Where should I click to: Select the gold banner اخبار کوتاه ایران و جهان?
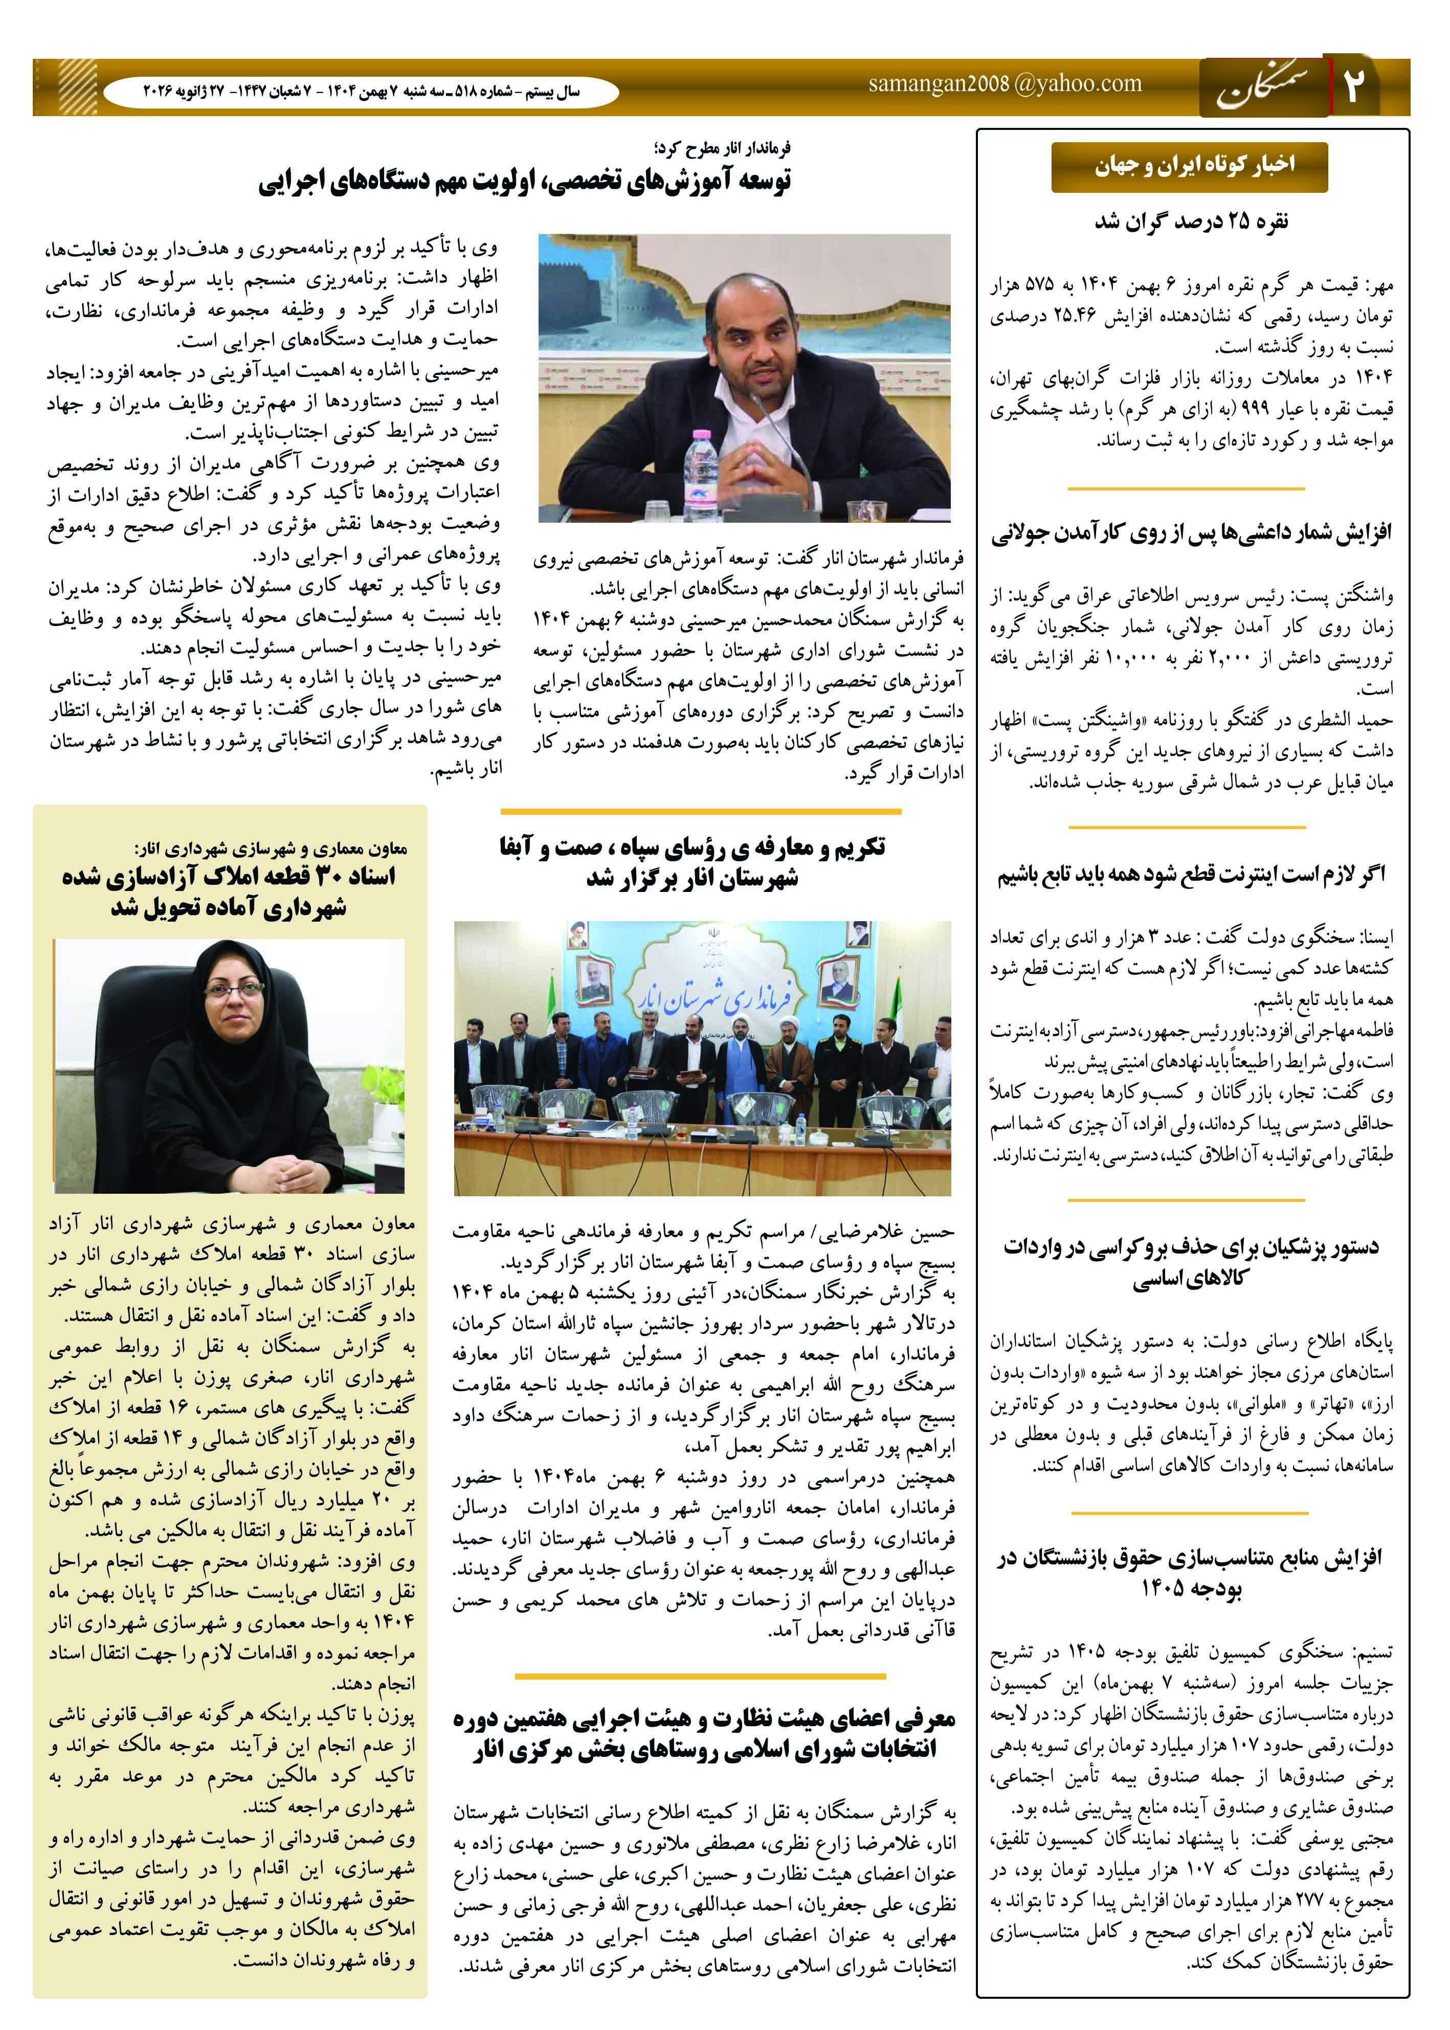[x=1189, y=166]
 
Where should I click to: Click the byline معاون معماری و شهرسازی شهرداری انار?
[x=269, y=848]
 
